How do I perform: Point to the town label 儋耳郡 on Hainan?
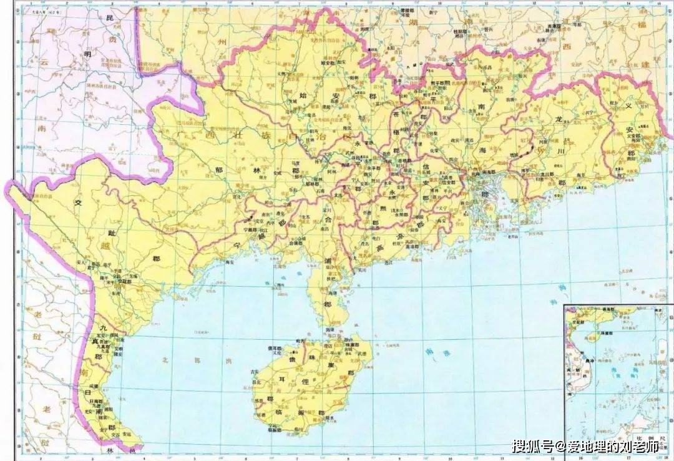[x=275, y=348]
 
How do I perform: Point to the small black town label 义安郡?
[x=627, y=136]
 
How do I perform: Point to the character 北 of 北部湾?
[x=165, y=360]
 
